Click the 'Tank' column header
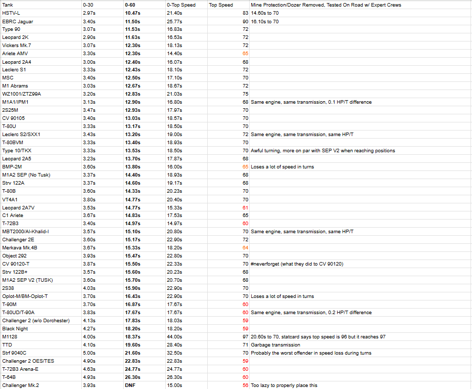tap(8, 5)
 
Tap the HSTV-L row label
tap(11, 13)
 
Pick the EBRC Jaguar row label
tap(17, 21)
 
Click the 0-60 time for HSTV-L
tap(133, 13)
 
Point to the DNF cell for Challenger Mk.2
tap(130, 385)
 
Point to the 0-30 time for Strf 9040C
tap(89, 353)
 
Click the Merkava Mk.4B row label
tap(19, 247)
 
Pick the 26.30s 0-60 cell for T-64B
tap(133, 377)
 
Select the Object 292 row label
tap(15, 255)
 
